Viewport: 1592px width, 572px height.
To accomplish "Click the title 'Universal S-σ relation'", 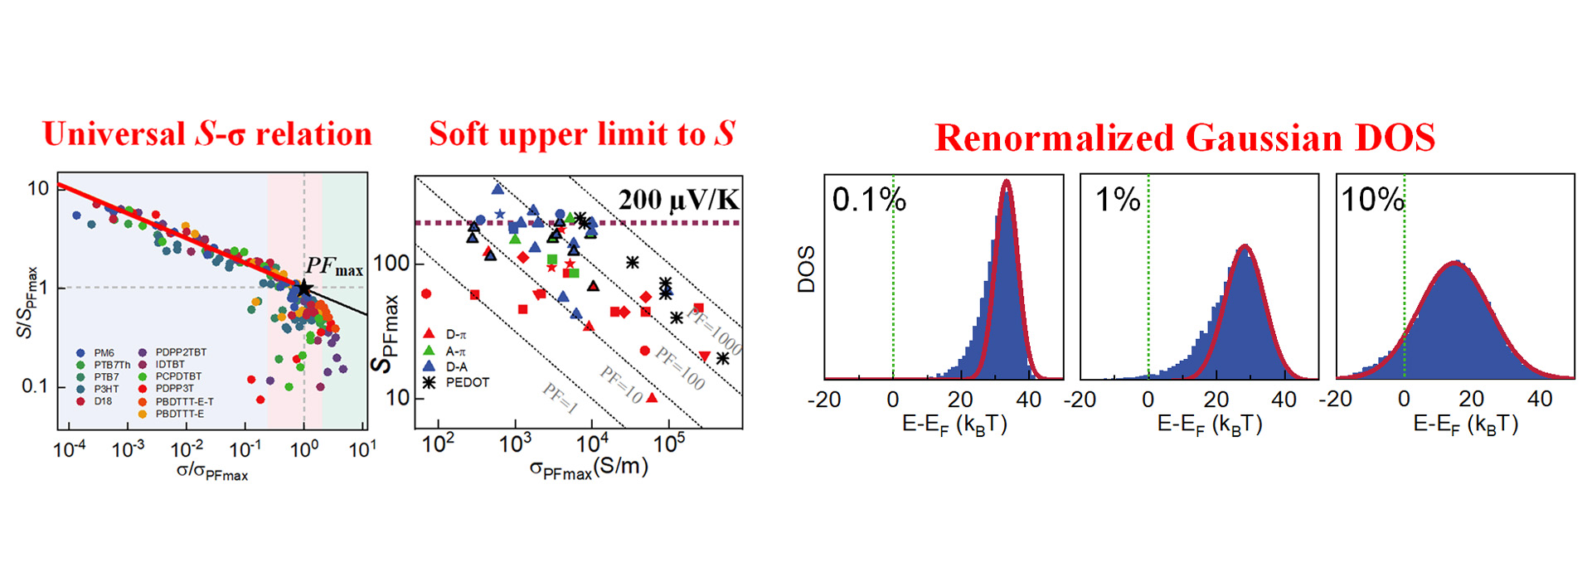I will click(207, 134).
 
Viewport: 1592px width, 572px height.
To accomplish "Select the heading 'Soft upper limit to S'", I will click(581, 134).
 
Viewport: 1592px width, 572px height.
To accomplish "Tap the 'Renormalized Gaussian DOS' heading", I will click(1185, 138).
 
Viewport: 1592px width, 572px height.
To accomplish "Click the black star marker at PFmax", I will click(304, 288).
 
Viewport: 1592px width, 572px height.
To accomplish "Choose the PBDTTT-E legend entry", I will click(179, 414).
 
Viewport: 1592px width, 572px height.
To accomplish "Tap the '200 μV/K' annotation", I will click(678, 200).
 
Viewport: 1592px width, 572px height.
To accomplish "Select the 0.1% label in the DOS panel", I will click(868, 200).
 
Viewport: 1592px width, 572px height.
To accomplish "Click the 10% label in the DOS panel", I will click(1372, 200).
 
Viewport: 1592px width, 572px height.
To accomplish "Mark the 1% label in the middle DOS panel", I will click(1118, 200).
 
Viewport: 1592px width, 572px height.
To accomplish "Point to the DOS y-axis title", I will click(806, 269).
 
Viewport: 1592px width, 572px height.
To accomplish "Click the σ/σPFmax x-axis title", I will click(212, 473).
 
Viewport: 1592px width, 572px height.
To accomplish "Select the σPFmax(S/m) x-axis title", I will click(589, 468).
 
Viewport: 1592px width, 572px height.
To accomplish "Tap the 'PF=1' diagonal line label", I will click(560, 399).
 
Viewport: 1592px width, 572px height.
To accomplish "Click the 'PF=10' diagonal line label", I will click(622, 385).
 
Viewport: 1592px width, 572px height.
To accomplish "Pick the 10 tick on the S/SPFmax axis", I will click(38, 189).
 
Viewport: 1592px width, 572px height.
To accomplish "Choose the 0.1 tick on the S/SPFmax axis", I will click(35, 386).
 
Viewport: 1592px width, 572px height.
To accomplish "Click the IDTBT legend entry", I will click(170, 364).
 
